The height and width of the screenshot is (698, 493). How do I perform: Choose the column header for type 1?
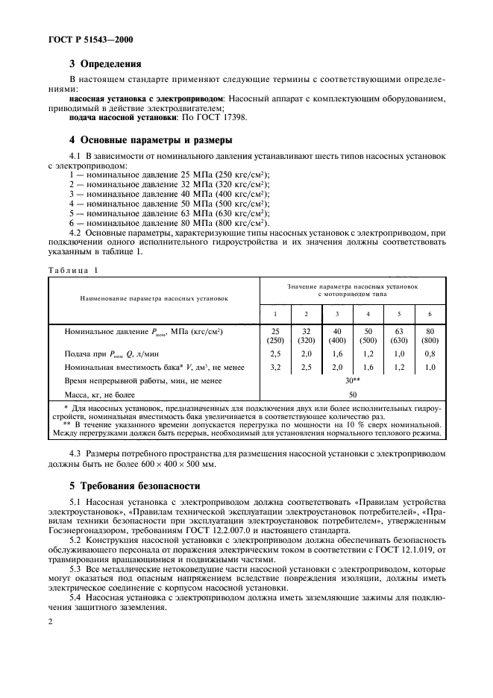pos(274,314)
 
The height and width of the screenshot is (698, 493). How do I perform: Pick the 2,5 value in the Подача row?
pos(274,353)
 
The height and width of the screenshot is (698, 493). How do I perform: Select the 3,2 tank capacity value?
pos(274,367)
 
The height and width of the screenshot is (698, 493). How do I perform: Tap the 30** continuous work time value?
pos(352,380)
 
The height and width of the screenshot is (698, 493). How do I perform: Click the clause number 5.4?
pos(76,599)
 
